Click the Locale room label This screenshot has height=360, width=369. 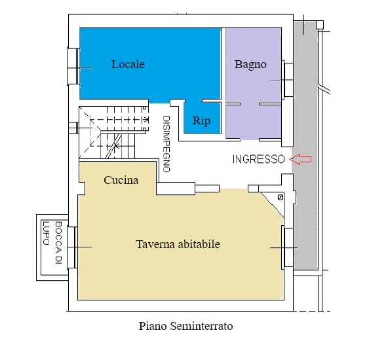[128, 64]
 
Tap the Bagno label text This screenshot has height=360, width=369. [250, 65]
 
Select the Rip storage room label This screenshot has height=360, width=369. [201, 121]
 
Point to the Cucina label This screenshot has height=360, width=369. [121, 180]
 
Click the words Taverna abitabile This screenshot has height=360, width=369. [178, 244]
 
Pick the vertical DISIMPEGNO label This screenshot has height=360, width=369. [166, 144]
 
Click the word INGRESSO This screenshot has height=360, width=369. [259, 159]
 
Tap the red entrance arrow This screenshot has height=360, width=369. [301, 159]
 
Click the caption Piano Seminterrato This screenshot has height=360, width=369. [185, 326]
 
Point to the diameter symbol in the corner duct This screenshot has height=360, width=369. [281, 198]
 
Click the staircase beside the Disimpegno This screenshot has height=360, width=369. [113, 132]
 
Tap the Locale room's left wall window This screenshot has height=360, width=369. [73, 66]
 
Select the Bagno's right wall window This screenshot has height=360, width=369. [287, 80]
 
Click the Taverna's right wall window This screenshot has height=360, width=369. [288, 247]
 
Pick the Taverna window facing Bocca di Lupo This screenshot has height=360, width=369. [72, 247]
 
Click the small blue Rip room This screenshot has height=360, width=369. [203, 118]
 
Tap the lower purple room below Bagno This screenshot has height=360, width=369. [254, 122]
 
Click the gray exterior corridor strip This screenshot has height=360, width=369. [305, 146]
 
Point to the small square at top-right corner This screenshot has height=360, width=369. [320, 24]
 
